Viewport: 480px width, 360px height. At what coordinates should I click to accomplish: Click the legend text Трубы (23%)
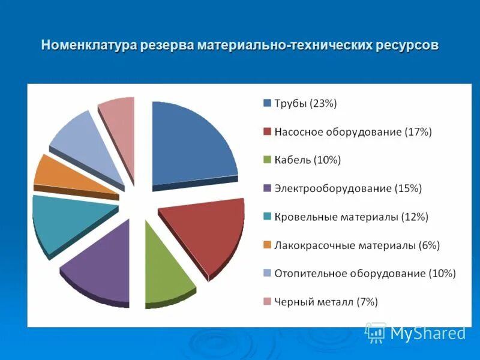tap(305, 104)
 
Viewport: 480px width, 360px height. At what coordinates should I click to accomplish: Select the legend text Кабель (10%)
tap(307, 160)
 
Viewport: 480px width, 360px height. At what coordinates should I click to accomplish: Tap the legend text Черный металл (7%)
tap(326, 302)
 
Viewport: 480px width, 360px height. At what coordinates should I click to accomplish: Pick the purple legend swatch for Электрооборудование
tap(267, 188)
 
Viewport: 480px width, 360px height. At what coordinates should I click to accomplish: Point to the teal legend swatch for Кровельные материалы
tap(267, 217)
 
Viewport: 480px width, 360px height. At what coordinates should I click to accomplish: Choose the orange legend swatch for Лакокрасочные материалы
tap(267, 245)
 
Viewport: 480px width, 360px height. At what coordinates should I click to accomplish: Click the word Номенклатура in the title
tap(89, 46)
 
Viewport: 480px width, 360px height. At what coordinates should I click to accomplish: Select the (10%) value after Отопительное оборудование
tap(442, 274)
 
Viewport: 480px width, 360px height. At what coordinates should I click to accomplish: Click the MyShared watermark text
tap(428, 333)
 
